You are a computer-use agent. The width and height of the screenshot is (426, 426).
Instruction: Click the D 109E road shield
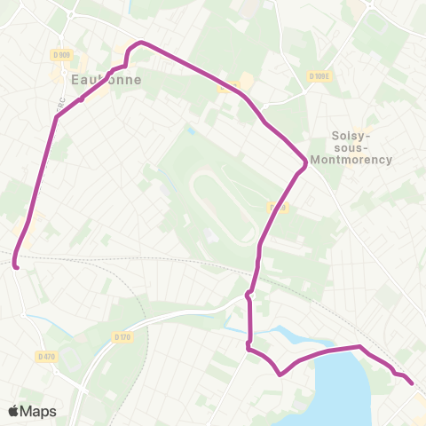coord(319,76)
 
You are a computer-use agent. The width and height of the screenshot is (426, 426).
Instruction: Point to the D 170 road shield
coord(122,336)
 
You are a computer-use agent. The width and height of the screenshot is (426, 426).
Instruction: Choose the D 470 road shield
coord(47,357)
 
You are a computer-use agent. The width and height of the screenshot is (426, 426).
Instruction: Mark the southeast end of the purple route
coord(412,383)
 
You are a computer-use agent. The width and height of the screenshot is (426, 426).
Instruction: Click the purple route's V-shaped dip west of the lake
coord(280,374)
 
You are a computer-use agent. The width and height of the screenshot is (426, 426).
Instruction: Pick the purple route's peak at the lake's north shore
coord(359,347)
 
